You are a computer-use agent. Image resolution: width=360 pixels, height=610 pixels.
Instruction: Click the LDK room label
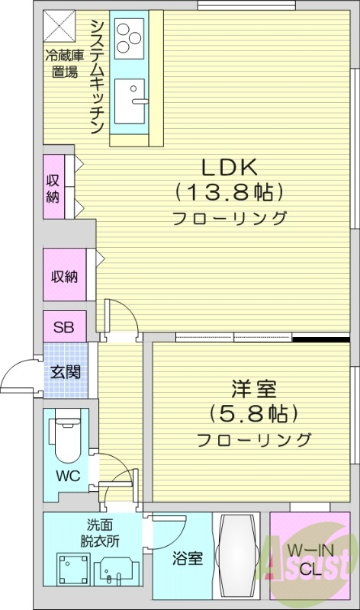click(229, 166)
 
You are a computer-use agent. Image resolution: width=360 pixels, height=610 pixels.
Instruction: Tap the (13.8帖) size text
click(229, 190)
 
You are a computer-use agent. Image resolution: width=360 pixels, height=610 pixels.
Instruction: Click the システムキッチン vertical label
click(97, 76)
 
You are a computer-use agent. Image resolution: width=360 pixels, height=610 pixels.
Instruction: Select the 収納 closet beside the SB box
click(65, 276)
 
